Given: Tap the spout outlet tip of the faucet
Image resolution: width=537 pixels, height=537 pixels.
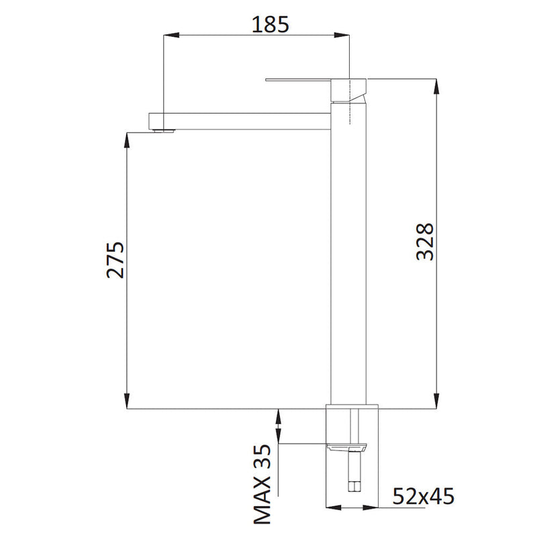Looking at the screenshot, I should (x=162, y=130).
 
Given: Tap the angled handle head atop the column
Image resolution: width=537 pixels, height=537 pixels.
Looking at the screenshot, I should (x=351, y=90).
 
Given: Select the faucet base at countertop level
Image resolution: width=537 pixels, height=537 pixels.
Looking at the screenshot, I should (x=352, y=406).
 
